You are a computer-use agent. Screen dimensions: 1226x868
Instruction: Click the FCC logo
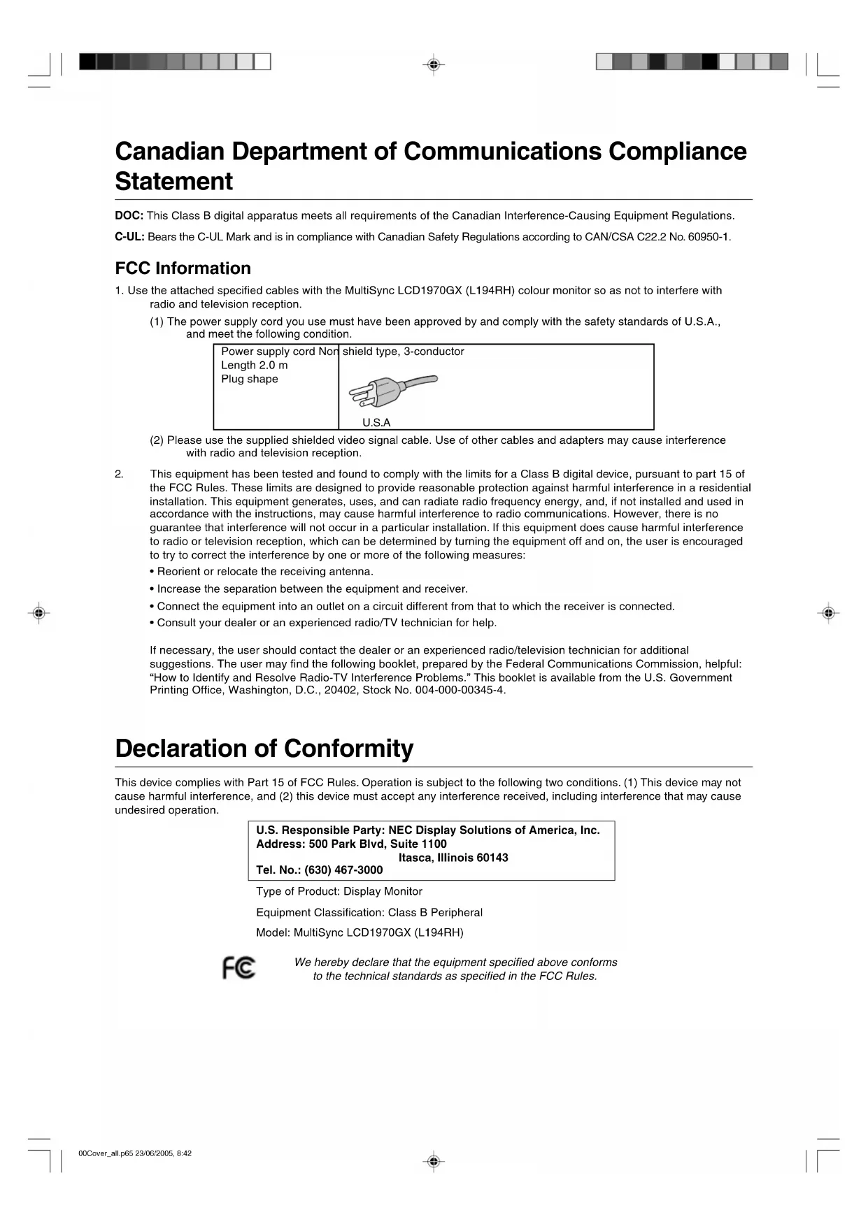[239, 967]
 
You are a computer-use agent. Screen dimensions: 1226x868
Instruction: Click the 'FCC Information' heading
[183, 268]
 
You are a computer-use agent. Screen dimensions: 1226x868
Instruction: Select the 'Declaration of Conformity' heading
[264, 749]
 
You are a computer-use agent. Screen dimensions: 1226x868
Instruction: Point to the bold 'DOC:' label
[129, 215]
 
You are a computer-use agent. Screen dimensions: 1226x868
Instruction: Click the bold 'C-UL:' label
[130, 237]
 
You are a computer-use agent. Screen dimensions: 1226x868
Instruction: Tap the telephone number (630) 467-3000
[343, 870]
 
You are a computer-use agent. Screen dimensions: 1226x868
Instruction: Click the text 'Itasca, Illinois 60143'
[453, 858]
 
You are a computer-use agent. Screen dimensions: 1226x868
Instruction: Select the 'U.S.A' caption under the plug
[376, 422]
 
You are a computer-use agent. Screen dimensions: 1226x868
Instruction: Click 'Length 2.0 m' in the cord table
[255, 366]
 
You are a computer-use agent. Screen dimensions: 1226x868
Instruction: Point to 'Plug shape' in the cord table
[250, 380]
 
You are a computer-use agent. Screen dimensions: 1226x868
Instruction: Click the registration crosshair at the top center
[434, 65]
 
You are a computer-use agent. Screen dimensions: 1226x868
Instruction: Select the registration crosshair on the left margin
[39, 613]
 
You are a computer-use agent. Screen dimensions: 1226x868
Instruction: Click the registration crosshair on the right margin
[828, 613]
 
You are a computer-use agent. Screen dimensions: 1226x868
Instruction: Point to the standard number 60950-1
[709, 237]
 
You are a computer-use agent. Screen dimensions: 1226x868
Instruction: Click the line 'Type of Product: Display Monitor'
[339, 891]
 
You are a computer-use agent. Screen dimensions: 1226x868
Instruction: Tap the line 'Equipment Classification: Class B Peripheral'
[369, 912]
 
